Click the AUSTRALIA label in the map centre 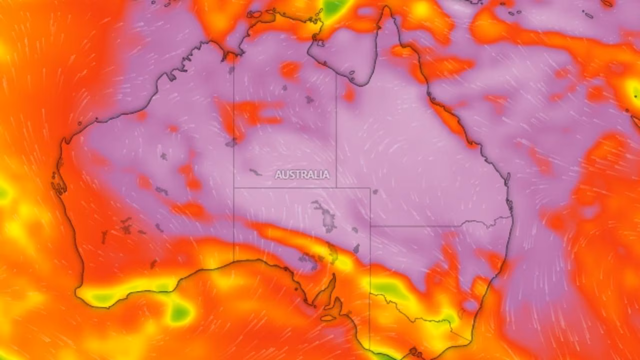click(x=302, y=174)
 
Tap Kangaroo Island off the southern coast click(x=328, y=317)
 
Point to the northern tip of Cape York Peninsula click(x=385, y=8)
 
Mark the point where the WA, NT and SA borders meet click(x=234, y=188)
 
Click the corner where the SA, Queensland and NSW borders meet click(x=370, y=226)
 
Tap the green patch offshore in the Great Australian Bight click(x=179, y=313)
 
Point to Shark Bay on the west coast click(x=58, y=182)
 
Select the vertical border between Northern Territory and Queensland click(x=336, y=130)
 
